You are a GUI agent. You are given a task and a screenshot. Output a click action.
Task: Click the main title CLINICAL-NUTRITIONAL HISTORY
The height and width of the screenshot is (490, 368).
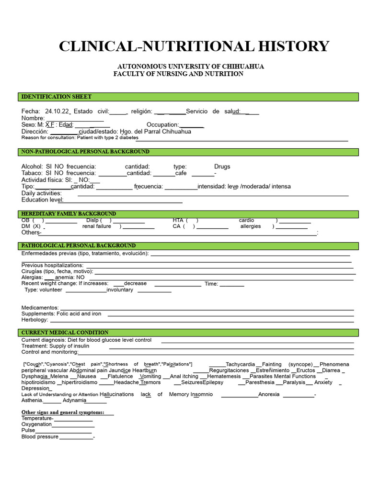pyautogui.click(x=194, y=46)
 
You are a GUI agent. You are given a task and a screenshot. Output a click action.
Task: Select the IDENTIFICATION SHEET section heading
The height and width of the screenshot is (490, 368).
pyautogui.click(x=57, y=97)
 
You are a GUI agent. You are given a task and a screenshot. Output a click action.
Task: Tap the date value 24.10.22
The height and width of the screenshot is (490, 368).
pyautogui.click(x=57, y=111)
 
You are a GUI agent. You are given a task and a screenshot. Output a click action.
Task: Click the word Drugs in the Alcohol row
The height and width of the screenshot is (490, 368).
pyautogui.click(x=222, y=167)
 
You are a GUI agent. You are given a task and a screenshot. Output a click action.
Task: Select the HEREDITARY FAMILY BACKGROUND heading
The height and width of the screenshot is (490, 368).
pyautogui.click(x=69, y=213)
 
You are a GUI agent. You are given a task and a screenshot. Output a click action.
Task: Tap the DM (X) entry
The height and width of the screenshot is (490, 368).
pyautogui.click(x=31, y=226)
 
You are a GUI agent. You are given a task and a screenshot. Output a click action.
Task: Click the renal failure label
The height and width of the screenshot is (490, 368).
pyautogui.click(x=96, y=226)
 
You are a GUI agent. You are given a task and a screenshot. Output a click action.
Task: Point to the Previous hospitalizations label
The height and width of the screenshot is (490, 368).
pyautogui.click(x=52, y=265)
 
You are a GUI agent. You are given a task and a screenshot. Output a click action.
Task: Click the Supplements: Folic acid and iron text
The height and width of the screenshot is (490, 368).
pyautogui.click(x=61, y=314)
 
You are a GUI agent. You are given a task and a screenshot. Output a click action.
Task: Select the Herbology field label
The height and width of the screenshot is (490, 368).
pyautogui.click(x=34, y=320)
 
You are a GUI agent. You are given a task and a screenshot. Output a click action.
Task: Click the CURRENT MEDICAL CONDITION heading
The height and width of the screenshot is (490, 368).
pyautogui.click(x=65, y=332)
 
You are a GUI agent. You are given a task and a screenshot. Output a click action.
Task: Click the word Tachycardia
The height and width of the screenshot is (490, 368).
pyautogui.click(x=240, y=364)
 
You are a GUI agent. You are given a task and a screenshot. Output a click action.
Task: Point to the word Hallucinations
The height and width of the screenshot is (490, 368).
pyautogui.click(x=117, y=394)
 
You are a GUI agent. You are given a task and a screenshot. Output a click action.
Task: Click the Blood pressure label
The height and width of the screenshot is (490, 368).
pyautogui.click(x=40, y=436)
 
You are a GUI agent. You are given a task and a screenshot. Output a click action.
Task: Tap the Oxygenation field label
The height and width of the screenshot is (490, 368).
pyautogui.click(x=36, y=424)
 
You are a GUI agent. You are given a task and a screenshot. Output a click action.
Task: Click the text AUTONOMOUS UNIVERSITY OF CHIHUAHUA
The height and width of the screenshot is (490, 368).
pyautogui.click(x=191, y=67)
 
